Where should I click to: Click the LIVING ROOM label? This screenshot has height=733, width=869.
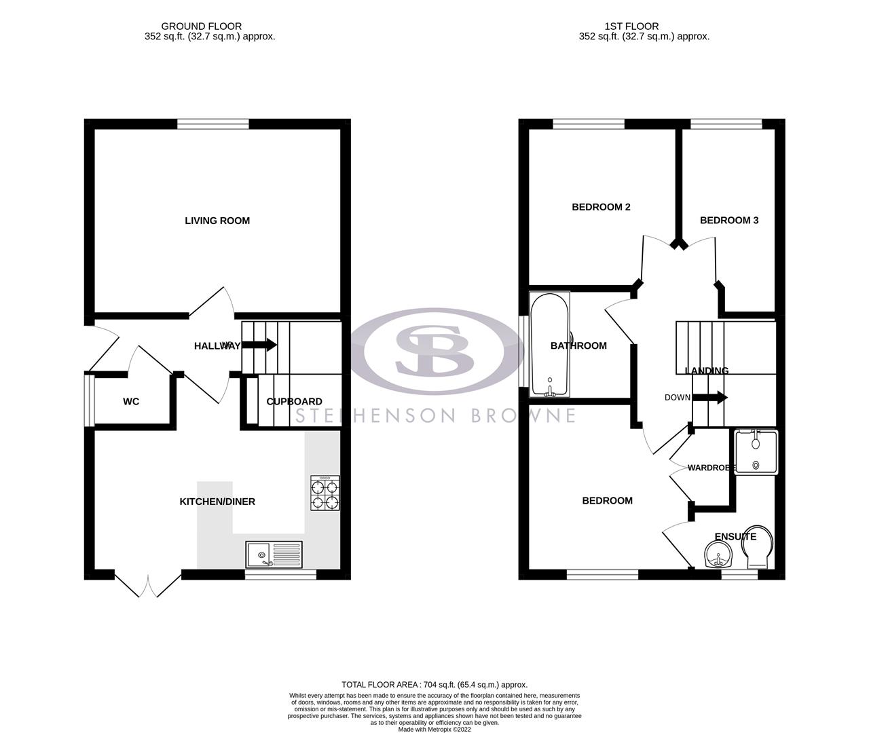click(217, 221)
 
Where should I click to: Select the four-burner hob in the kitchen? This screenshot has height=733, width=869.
click(325, 493)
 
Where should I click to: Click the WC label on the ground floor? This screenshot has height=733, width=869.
click(131, 402)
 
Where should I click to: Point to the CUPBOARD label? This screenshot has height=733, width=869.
click(294, 402)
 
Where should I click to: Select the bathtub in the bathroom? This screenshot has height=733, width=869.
click(550, 345)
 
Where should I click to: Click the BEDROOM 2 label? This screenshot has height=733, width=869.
click(601, 207)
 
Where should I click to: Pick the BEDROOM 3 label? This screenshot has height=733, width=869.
click(728, 221)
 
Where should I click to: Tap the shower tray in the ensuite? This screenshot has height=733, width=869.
click(755, 452)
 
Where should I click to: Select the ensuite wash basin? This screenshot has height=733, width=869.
click(718, 556)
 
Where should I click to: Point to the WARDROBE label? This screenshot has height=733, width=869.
click(712, 468)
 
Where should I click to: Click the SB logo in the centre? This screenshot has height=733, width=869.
click(434, 351)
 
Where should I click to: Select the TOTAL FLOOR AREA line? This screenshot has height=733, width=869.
click(434, 685)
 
